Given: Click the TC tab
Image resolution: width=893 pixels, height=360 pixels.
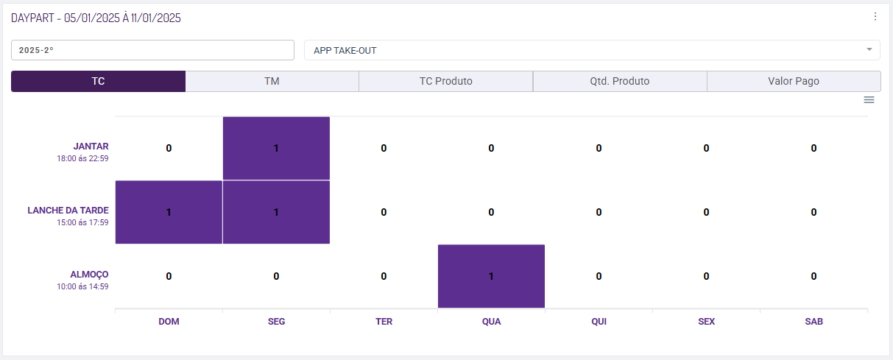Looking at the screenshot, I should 98,81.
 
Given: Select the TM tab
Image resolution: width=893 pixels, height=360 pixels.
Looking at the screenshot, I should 272,81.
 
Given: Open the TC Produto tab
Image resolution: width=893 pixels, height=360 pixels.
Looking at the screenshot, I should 445,81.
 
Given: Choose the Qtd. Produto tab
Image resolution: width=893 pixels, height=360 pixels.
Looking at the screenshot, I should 619,81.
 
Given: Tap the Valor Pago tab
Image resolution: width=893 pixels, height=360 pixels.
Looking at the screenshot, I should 793,81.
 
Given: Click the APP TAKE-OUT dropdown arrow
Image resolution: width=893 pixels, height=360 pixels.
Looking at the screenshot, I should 869,50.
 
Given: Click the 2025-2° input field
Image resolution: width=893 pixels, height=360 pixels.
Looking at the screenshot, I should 152,50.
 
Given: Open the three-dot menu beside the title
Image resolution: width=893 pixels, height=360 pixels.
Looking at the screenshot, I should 875,17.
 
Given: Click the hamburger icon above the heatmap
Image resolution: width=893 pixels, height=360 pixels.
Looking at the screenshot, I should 869,100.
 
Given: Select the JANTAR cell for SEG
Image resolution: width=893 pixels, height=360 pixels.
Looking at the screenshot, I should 276,148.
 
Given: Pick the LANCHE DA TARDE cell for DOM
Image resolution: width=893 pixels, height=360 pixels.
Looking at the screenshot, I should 169,212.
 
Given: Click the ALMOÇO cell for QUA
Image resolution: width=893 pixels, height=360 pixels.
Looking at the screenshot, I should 491,276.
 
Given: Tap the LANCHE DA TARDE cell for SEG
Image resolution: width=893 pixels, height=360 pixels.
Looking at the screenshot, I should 276,212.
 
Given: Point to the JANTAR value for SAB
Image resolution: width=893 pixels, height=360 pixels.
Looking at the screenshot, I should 813,148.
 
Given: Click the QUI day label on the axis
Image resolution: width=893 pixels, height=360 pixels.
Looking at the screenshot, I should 599,322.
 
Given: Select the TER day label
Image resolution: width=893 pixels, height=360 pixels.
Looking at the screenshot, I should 384,322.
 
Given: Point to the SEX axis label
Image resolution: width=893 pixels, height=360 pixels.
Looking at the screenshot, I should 706,322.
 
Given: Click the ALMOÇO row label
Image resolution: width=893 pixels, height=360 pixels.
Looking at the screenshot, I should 89,274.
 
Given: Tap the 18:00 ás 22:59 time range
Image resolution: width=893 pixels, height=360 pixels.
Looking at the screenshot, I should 82,158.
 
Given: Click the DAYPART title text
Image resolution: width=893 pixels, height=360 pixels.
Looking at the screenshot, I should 96,18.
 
